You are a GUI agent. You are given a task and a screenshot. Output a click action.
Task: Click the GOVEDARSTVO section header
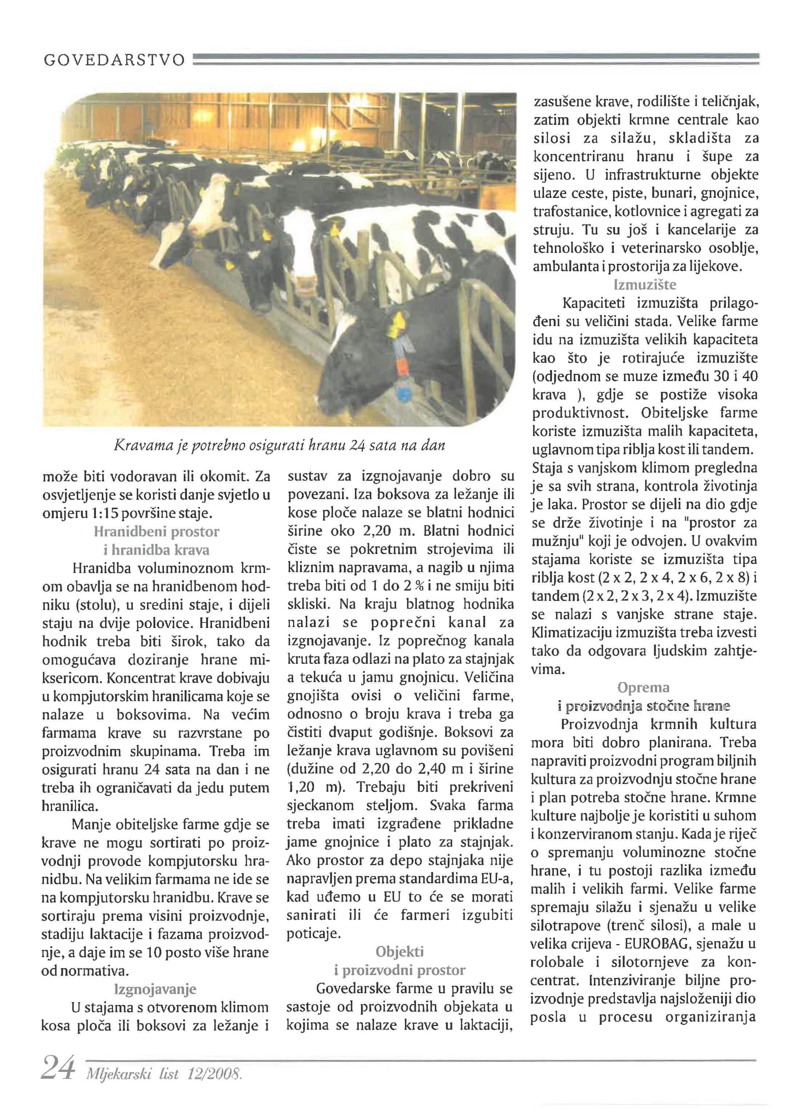click(114, 60)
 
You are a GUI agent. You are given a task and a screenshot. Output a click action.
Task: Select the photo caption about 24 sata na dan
click(279, 445)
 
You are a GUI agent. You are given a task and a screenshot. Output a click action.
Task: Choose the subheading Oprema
click(643, 688)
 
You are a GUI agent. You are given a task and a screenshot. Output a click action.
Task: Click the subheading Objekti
click(399, 952)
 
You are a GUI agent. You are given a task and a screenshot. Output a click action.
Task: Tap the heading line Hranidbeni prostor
click(156, 532)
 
